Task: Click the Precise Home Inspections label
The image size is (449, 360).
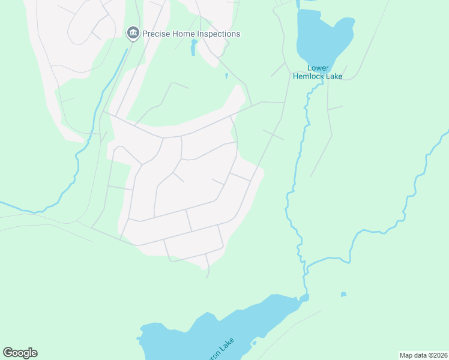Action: point(191,34)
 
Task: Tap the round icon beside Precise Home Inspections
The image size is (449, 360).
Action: point(133,33)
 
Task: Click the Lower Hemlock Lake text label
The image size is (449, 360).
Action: point(318,72)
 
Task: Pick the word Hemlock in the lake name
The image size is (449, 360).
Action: point(309,76)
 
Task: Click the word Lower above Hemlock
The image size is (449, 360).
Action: point(318,68)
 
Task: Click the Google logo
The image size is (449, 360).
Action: point(20,353)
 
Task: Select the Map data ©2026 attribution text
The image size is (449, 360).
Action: point(423,355)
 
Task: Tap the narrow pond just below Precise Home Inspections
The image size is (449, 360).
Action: point(193,48)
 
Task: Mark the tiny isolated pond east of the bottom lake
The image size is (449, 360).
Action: point(343,294)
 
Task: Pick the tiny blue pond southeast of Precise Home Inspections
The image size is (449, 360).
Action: point(226,76)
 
